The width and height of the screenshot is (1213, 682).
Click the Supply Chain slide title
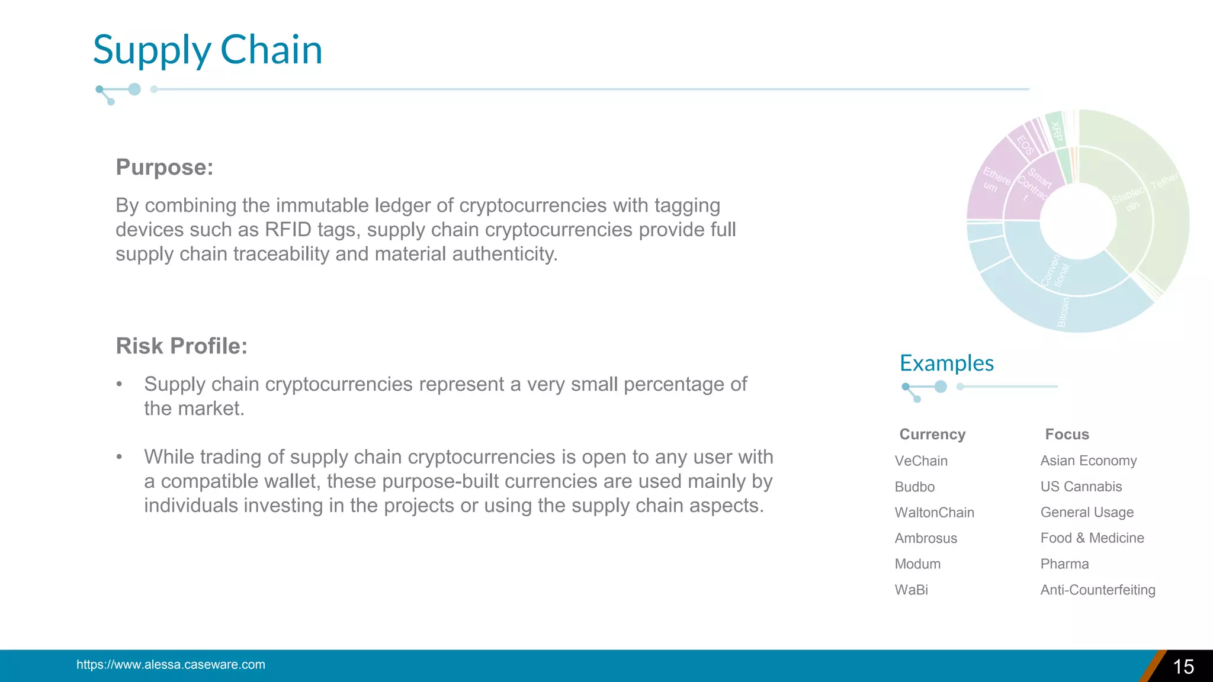[x=207, y=50]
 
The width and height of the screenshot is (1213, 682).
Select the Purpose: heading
[x=164, y=167]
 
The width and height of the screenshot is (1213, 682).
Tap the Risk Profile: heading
[x=181, y=346]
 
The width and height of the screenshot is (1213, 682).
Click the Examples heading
[x=946, y=363]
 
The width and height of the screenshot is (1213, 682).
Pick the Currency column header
[x=932, y=435]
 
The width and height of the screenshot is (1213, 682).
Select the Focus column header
[x=1067, y=435]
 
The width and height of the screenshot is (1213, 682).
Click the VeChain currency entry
[x=921, y=461]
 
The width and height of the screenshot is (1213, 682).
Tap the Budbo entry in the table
[x=914, y=487]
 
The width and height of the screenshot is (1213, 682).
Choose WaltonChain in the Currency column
[x=934, y=513]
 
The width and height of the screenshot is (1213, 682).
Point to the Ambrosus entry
[x=926, y=538]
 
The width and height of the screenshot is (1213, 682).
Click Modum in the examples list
[x=917, y=564]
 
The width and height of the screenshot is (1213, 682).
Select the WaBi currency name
[x=911, y=590]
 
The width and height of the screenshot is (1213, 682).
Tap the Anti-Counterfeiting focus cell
[x=1098, y=590]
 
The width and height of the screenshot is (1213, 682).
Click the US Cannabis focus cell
[x=1081, y=487]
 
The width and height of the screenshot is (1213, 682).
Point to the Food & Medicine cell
[x=1092, y=538]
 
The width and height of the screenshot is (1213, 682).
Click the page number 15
[x=1183, y=667]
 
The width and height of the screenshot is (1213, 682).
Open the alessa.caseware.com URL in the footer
[x=171, y=665]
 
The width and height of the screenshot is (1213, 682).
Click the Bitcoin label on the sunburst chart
[x=1063, y=312]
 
